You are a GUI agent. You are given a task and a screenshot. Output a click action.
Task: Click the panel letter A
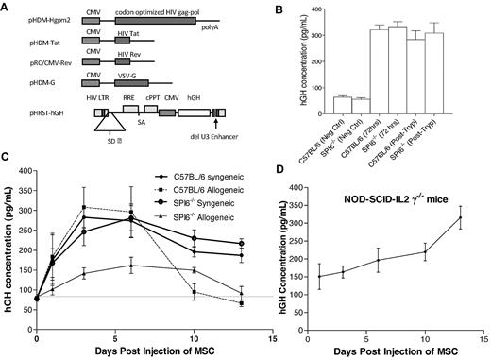pyautogui.click(x=7, y=7)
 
